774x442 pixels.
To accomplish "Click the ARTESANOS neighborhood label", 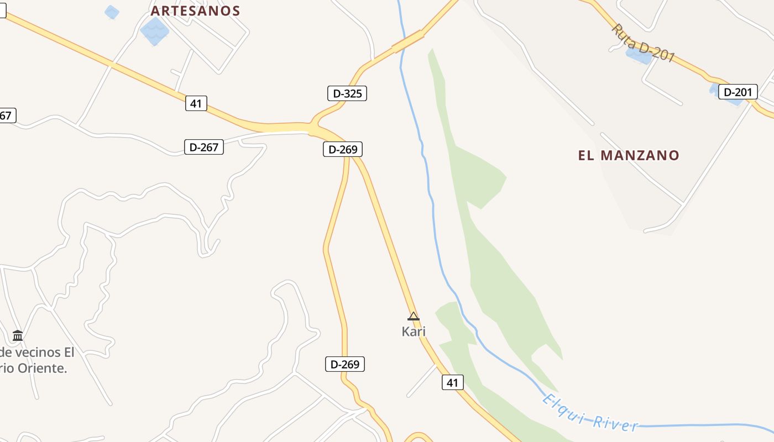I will pyautogui.click(x=195, y=11).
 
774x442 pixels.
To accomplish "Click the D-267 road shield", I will pyautogui.click(x=203, y=147).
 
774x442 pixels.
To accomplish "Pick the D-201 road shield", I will pyautogui.click(x=738, y=92).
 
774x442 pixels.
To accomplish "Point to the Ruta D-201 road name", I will pyautogui.click(x=644, y=43).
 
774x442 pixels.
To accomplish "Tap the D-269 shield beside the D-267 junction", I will pyautogui.click(x=343, y=149).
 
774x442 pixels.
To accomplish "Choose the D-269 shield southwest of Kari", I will pyautogui.click(x=344, y=364).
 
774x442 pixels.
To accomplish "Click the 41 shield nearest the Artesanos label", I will pyautogui.click(x=196, y=103).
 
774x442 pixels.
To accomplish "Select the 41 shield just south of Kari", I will pyautogui.click(x=452, y=382).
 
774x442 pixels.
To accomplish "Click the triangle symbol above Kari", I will pyautogui.click(x=413, y=317).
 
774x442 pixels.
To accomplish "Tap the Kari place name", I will pyautogui.click(x=414, y=331).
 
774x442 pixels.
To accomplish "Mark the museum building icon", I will pyautogui.click(x=18, y=335).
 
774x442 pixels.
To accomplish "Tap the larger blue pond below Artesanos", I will pyautogui.click(x=154, y=30).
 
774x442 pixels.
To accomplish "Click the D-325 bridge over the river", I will pyautogui.click(x=408, y=42).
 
